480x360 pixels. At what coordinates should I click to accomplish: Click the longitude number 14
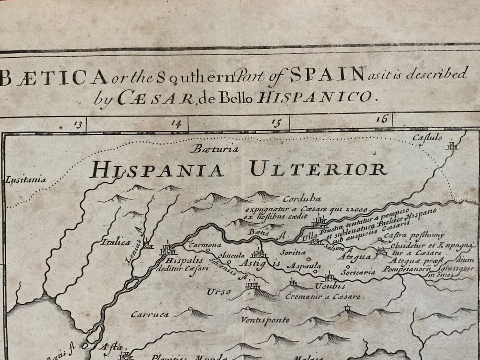coord(176,123)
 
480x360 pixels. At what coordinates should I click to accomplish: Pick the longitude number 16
coord(382,119)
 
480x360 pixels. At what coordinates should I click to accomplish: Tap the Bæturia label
coord(215,149)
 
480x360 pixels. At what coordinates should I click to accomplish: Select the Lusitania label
coord(26,180)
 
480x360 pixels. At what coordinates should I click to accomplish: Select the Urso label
coord(220,291)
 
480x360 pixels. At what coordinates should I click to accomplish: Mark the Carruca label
coord(149,315)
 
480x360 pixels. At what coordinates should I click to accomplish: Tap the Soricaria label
coord(358,272)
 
